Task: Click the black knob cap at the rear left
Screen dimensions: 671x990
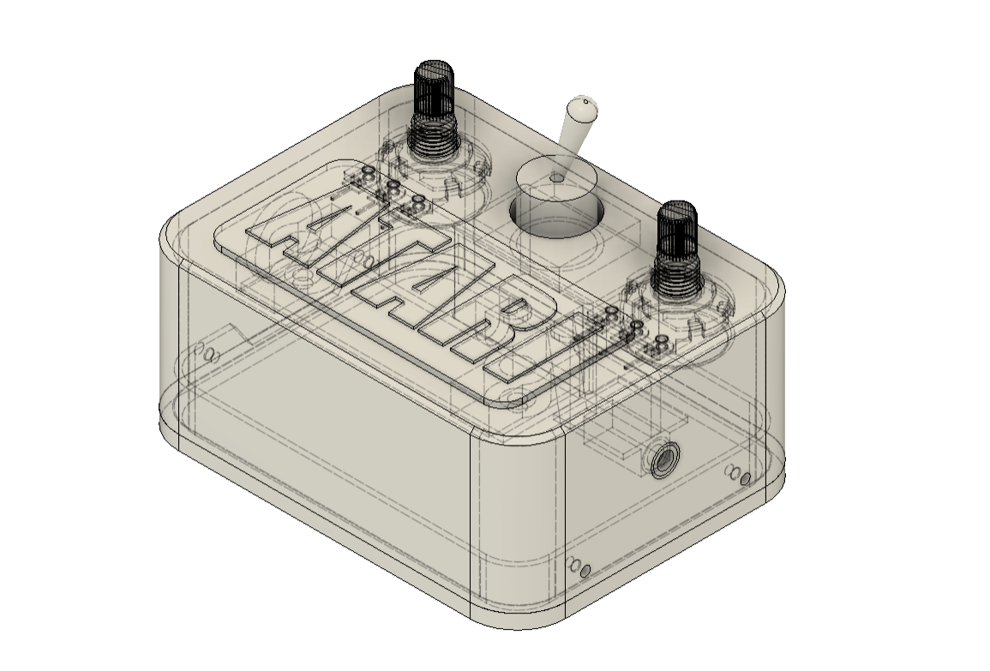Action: (x=434, y=86)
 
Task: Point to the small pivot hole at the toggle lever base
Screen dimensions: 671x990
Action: (x=556, y=177)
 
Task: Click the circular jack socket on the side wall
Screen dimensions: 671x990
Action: (x=663, y=461)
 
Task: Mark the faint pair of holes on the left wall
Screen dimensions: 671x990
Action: (x=207, y=352)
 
